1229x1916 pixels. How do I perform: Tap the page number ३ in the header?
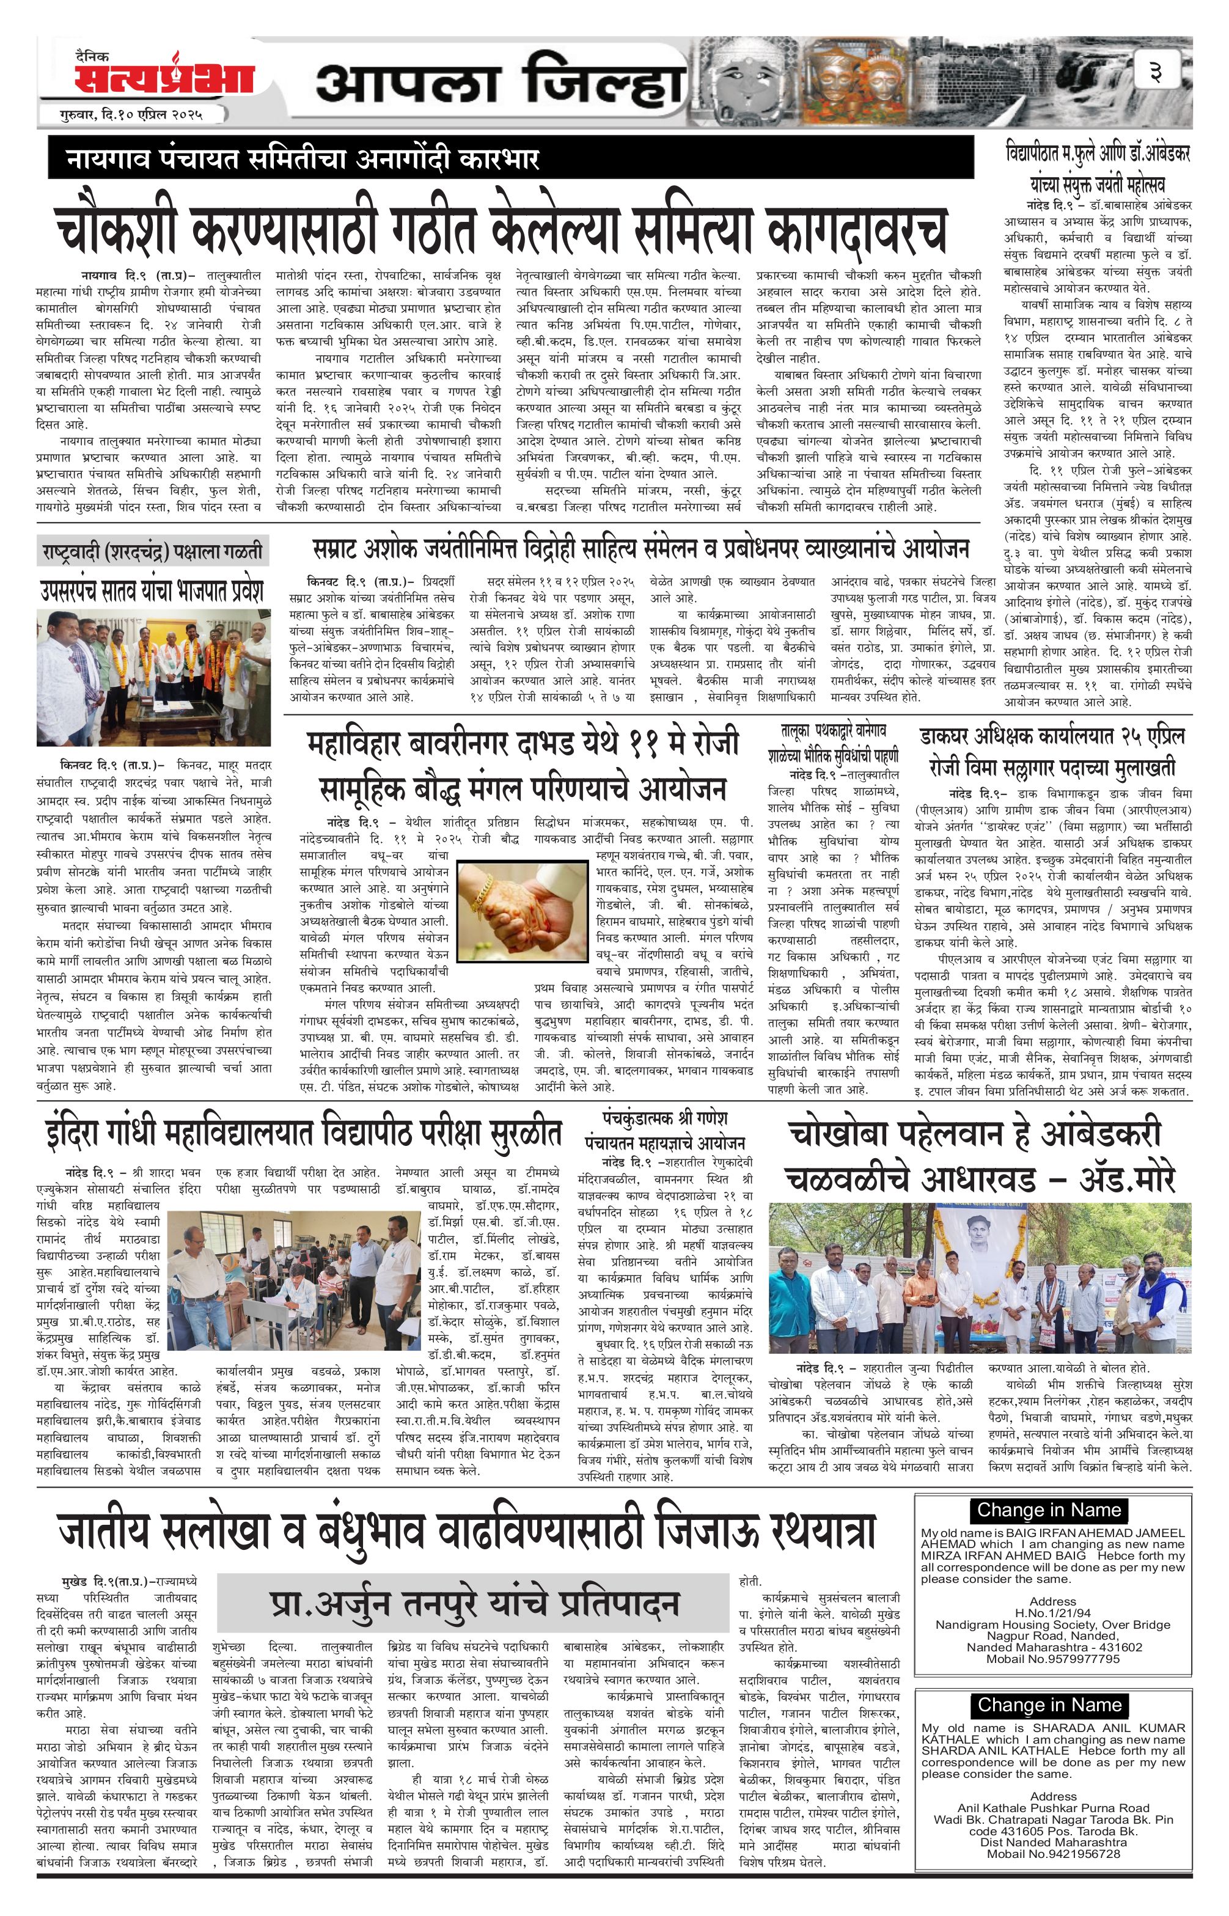1155,73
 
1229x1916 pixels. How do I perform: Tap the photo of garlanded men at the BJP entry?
153,678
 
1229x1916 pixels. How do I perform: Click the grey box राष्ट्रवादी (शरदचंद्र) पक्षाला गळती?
152,551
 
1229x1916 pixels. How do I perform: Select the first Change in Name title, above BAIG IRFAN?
1049,1510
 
